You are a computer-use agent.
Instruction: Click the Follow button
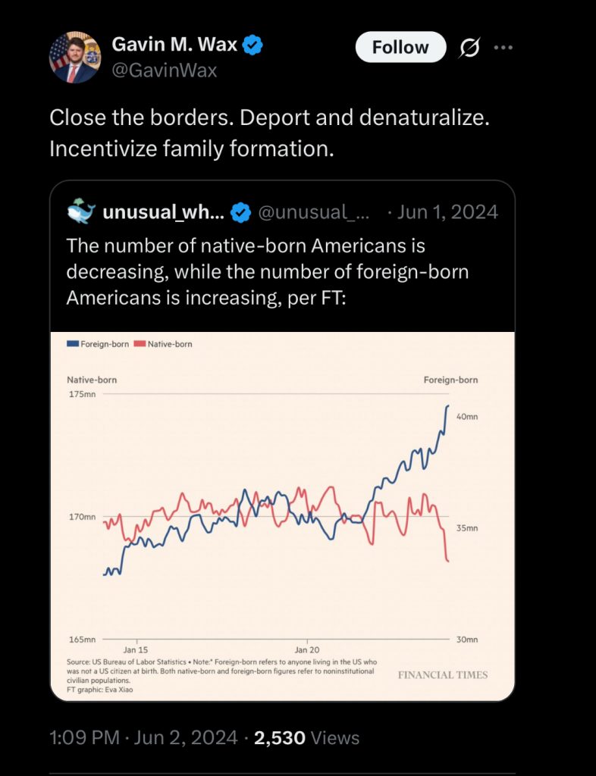[x=400, y=47]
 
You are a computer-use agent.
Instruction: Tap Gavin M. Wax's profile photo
[x=75, y=58]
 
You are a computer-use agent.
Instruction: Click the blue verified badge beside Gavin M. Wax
[x=253, y=45]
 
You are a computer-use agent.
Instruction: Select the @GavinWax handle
[x=165, y=70]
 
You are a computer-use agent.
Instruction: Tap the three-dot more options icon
[x=503, y=47]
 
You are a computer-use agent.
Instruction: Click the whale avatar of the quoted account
[x=81, y=212]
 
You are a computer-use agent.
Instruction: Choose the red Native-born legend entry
[x=163, y=344]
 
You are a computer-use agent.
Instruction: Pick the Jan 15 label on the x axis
[x=136, y=650]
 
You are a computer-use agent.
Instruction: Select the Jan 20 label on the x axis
[x=307, y=650]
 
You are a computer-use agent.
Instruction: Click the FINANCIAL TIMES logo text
[x=443, y=674]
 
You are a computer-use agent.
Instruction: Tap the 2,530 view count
[x=280, y=737]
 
